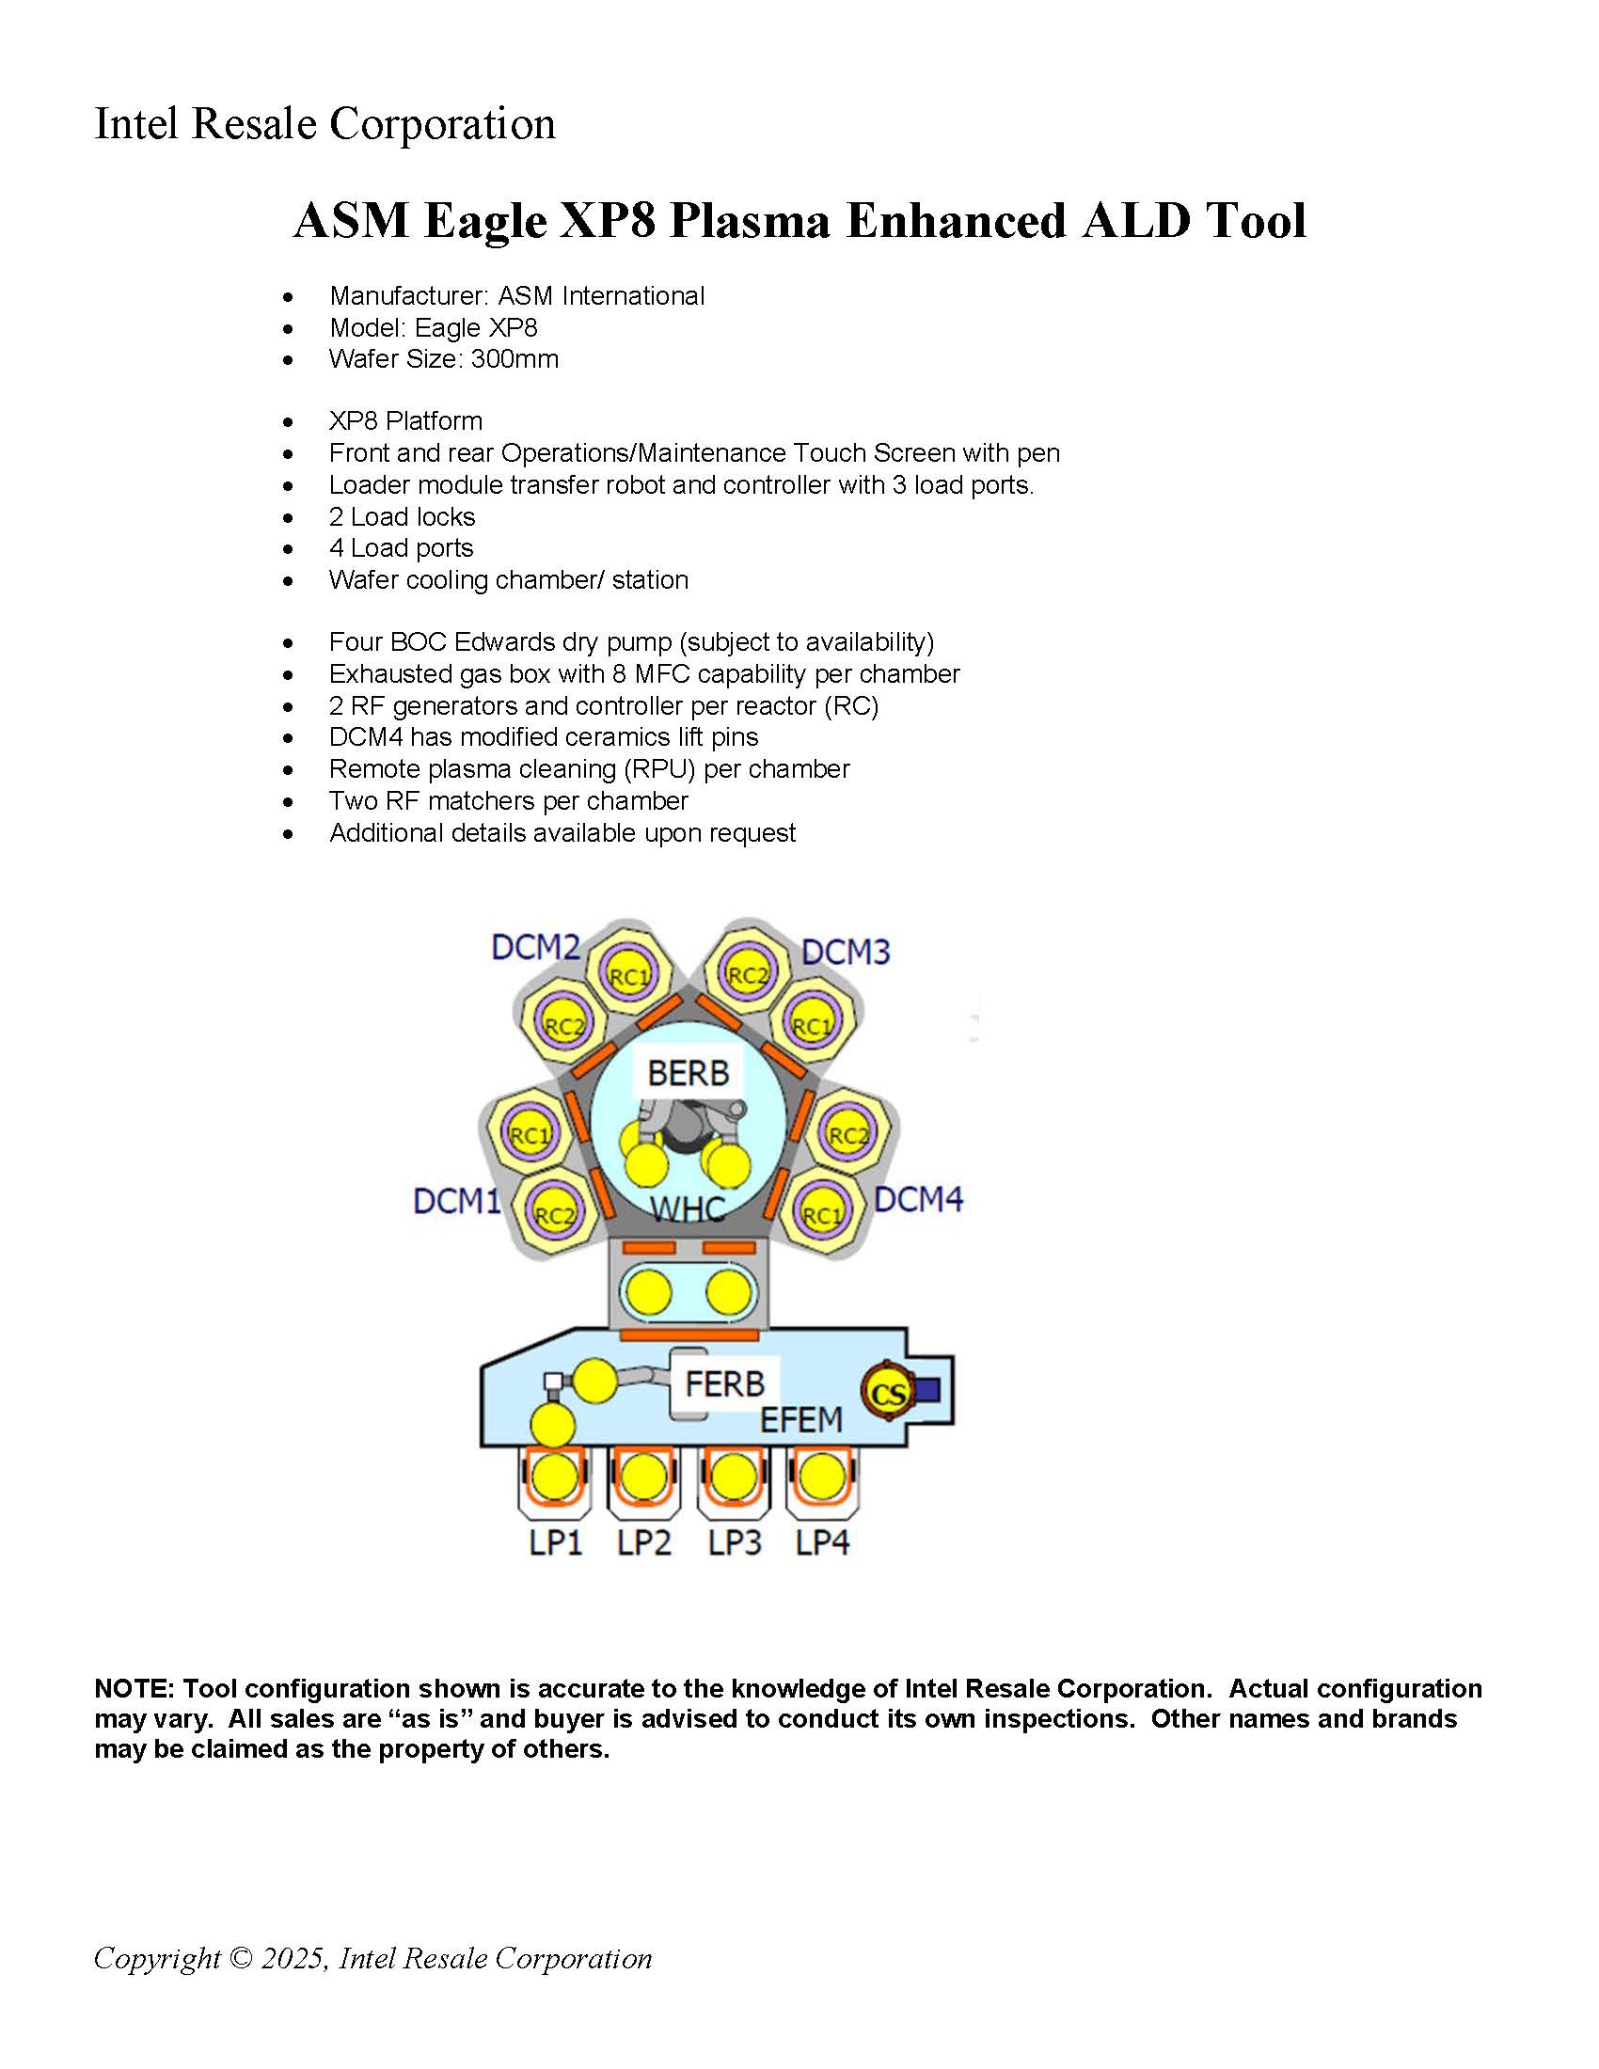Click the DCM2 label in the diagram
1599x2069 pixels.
(535, 946)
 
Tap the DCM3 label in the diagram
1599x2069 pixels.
(846, 951)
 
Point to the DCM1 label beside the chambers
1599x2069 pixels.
(456, 1201)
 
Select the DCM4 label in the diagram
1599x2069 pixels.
(918, 1199)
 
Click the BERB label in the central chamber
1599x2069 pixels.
(689, 1073)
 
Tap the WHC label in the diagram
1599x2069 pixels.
(689, 1209)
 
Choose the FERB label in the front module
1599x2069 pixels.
(724, 1384)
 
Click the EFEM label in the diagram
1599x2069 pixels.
(801, 1420)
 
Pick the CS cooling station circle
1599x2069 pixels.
(888, 1393)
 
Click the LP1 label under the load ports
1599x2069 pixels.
(555, 1542)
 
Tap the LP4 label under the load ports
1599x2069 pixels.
(822, 1542)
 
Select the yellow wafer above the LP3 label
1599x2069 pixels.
(734, 1477)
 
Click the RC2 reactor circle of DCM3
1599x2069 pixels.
(748, 975)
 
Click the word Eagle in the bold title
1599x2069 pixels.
(485, 221)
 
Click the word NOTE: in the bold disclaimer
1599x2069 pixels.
(135, 1688)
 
